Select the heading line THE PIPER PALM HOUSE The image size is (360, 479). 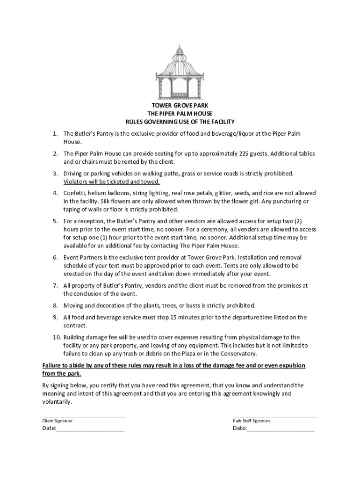(x=180, y=114)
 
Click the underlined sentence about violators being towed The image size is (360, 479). (x=112, y=181)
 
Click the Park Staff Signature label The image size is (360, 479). (x=252, y=421)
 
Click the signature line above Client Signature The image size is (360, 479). (x=84, y=415)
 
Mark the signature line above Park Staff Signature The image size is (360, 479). (x=275, y=415)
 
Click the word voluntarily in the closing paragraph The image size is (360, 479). (x=58, y=402)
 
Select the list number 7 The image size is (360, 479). (x=55, y=285)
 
